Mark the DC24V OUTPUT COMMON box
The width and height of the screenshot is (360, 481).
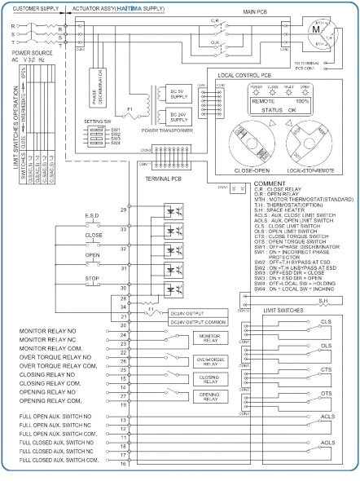pyautogui.click(x=196, y=323)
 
